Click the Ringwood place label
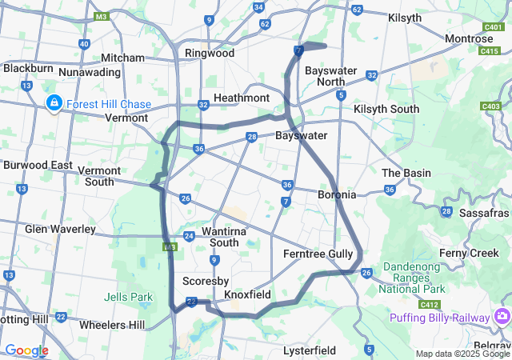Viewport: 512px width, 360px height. point(209,53)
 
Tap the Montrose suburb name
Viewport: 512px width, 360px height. point(469,38)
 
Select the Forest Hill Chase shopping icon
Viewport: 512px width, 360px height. point(54,103)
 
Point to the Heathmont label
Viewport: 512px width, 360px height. point(242,98)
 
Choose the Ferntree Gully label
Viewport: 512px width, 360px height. point(318,254)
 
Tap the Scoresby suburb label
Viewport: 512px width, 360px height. point(206,281)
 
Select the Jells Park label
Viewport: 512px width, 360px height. point(127,297)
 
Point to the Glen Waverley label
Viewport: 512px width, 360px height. point(60,229)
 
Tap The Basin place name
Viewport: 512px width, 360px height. point(406,173)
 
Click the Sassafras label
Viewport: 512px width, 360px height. point(484,213)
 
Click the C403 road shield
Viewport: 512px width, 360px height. point(490,106)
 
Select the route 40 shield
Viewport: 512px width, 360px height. point(85,44)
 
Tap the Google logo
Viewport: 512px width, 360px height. point(26,350)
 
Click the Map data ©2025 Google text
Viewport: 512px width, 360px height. point(462,354)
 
